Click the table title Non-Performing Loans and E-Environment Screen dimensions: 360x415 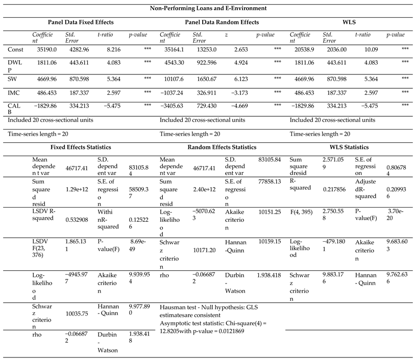point(208,8)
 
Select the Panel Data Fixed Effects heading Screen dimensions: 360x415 point(81,22)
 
